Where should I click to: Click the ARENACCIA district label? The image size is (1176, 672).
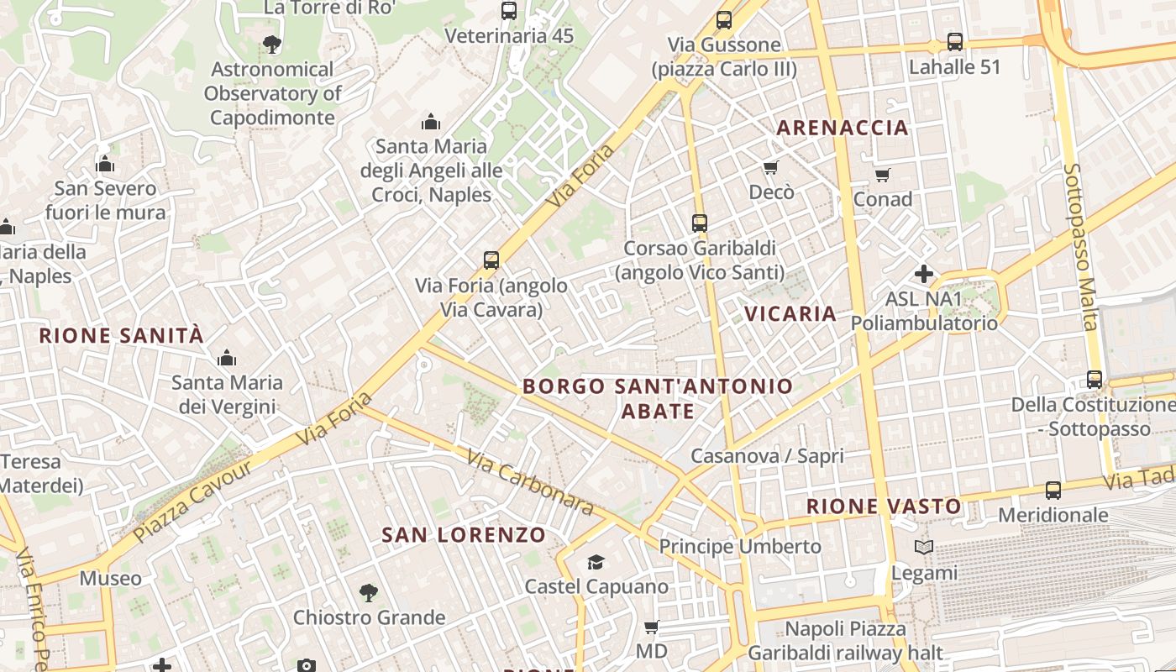click(x=842, y=128)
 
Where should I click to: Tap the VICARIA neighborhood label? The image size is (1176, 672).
click(x=790, y=314)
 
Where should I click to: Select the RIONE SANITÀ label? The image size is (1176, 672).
click(x=122, y=336)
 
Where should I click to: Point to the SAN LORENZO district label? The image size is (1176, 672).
click(x=464, y=535)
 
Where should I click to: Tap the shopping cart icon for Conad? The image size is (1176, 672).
click(x=882, y=175)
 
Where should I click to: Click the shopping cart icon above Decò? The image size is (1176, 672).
click(x=771, y=168)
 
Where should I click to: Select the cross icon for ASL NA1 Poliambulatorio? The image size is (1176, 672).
click(x=924, y=274)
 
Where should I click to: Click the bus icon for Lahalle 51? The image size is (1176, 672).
click(x=955, y=42)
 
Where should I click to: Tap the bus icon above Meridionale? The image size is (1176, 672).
click(x=1053, y=491)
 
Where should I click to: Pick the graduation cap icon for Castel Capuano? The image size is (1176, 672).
click(x=596, y=562)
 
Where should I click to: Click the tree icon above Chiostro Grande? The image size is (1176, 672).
click(x=368, y=593)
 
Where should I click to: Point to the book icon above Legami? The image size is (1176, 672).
click(x=924, y=548)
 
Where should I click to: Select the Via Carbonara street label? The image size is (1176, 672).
click(x=530, y=484)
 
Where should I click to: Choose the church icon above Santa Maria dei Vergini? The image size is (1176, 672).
click(x=226, y=359)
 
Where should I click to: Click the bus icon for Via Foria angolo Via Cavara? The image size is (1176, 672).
click(x=491, y=260)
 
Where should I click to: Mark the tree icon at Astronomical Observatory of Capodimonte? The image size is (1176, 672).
click(x=271, y=45)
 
